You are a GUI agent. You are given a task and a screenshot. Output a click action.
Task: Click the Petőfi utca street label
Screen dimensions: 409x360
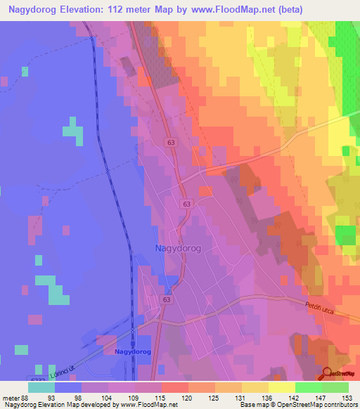click(322, 308)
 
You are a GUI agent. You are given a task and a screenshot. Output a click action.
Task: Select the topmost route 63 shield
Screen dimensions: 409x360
click(172, 142)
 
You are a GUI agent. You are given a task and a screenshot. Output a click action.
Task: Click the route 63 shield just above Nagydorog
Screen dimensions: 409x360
click(186, 204)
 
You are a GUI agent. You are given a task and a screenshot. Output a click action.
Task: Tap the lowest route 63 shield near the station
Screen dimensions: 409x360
click(166, 299)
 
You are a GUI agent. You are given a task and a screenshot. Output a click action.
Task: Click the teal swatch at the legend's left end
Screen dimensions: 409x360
click(41, 387)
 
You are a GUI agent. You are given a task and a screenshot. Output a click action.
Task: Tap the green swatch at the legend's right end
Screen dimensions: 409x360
click(335, 387)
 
